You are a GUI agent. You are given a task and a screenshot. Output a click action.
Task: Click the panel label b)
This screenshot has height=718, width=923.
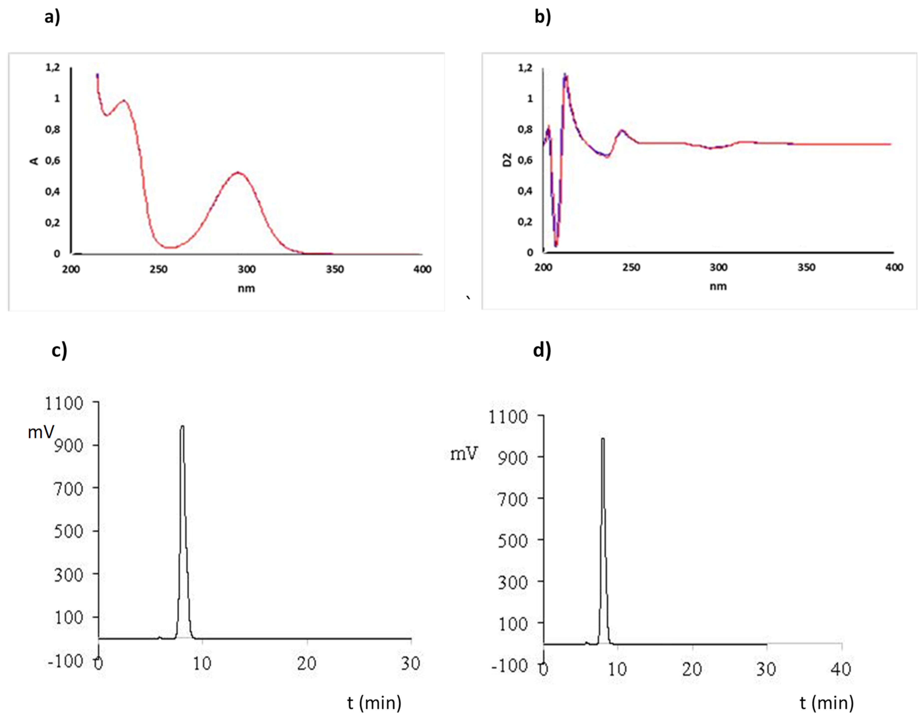click(543, 17)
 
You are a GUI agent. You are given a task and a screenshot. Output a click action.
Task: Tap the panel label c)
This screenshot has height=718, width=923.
click(59, 351)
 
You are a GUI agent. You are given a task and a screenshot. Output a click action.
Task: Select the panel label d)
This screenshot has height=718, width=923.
click(542, 351)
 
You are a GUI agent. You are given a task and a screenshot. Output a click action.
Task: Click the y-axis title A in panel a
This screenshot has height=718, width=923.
click(35, 161)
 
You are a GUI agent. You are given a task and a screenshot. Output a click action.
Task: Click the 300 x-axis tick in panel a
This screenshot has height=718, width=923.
click(246, 269)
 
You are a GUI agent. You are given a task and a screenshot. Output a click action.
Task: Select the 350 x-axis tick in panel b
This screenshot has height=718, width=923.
click(806, 267)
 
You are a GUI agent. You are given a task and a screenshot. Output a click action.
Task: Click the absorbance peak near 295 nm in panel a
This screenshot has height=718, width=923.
click(238, 173)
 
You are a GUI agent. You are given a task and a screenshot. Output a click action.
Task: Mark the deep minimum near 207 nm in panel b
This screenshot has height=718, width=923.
click(556, 245)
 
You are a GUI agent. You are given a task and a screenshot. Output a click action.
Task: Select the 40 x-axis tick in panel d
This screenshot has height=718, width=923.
click(841, 669)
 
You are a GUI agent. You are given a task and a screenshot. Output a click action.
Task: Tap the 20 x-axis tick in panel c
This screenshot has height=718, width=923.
click(306, 664)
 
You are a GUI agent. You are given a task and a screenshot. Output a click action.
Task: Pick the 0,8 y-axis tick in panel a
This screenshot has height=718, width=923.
click(53, 129)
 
